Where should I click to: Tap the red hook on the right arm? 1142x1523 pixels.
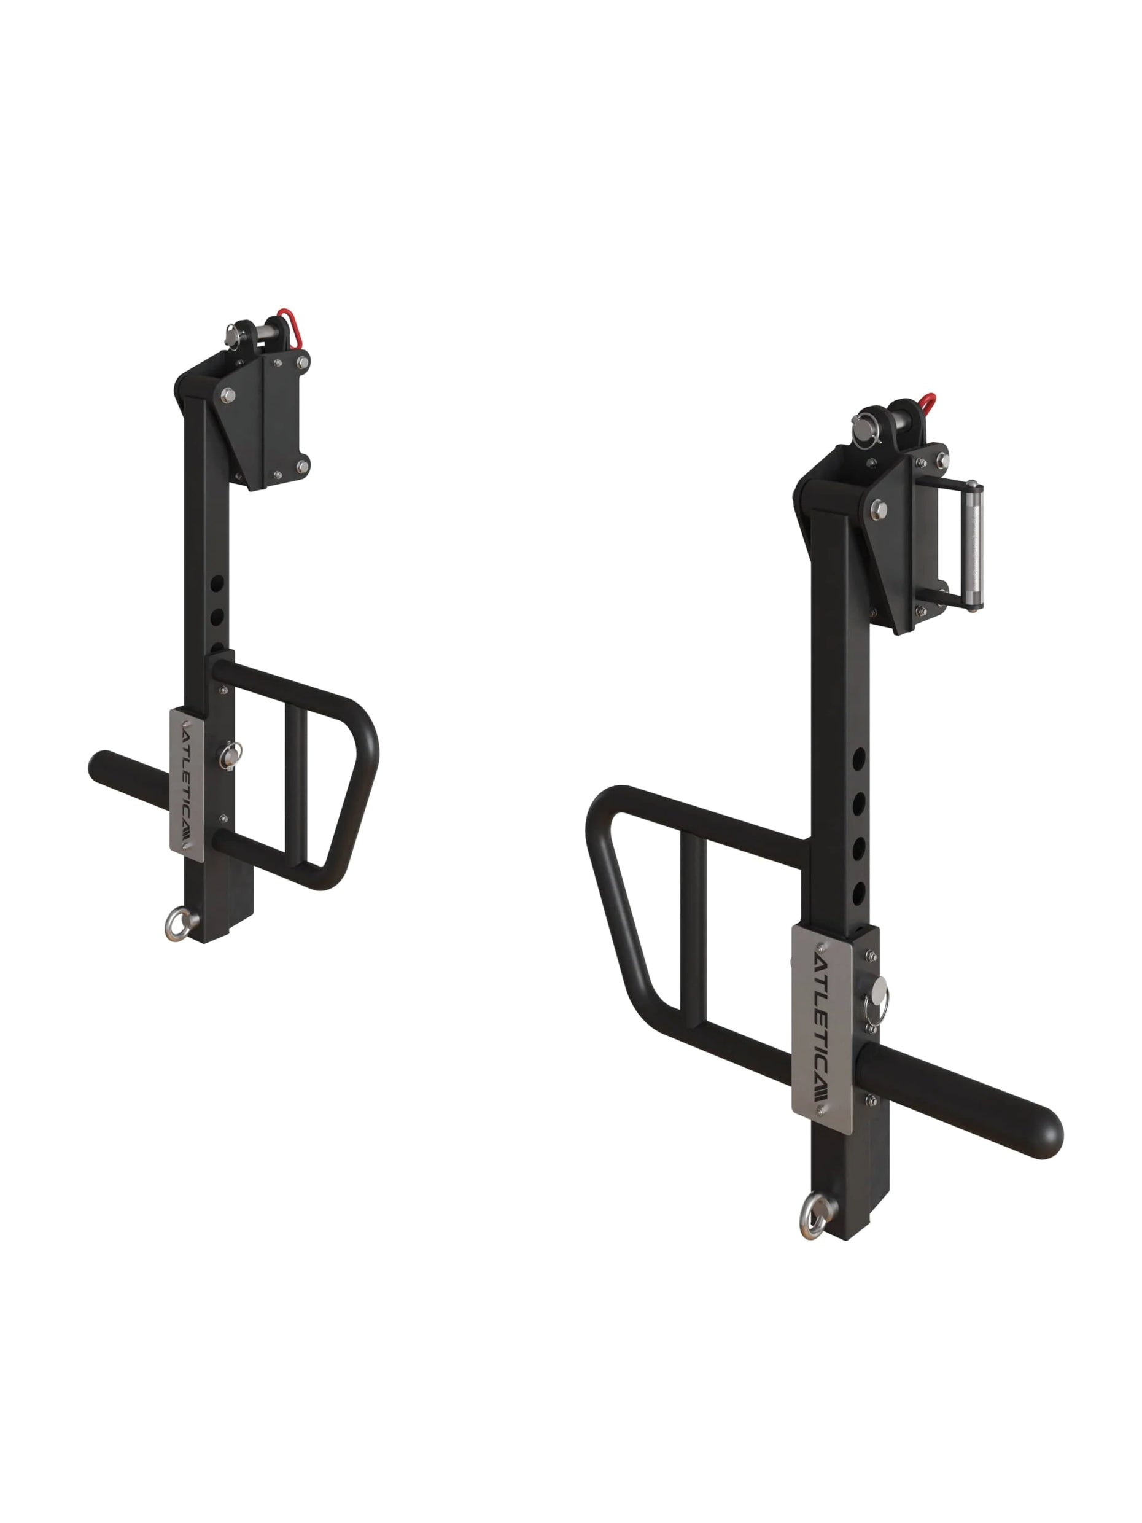click(926, 405)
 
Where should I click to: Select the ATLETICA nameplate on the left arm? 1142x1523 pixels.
click(184, 782)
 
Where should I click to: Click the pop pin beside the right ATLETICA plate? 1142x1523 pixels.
click(879, 994)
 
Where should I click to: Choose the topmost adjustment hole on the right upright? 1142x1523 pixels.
click(858, 760)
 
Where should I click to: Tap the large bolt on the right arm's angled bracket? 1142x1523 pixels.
click(879, 510)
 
